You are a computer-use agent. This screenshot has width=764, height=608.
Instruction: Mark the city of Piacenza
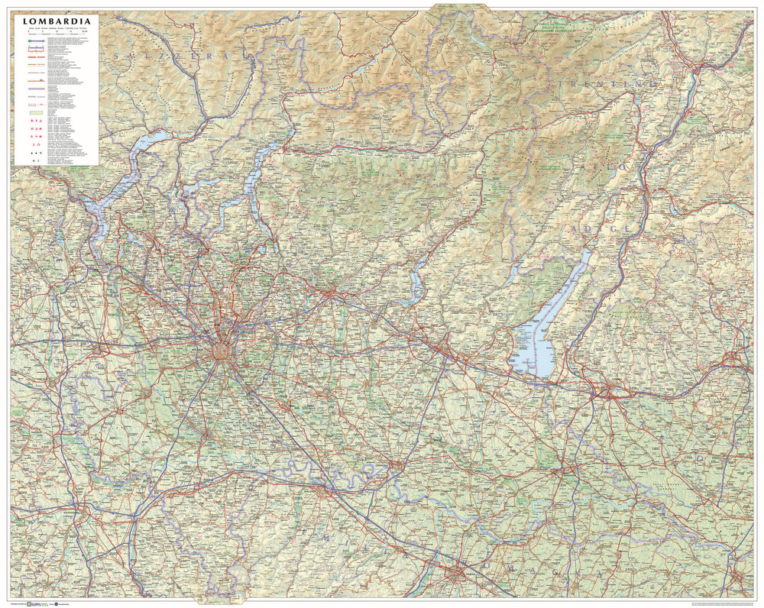326,493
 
